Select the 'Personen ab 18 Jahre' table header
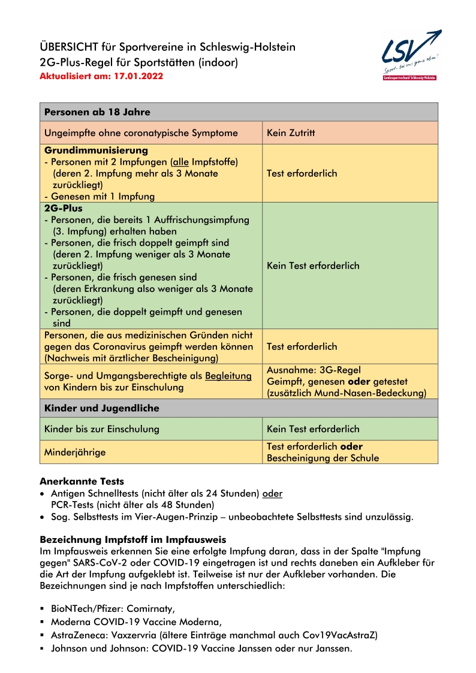[97, 112]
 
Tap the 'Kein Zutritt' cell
[291, 133]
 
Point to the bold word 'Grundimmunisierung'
[96, 150]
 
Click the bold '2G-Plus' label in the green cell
[64, 209]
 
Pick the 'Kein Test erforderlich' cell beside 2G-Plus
[312, 265]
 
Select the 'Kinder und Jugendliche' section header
[101, 408]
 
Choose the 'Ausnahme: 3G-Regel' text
[314, 370]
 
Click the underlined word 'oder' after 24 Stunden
[273, 493]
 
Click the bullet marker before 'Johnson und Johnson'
[43, 648]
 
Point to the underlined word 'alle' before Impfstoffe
[179, 162]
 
